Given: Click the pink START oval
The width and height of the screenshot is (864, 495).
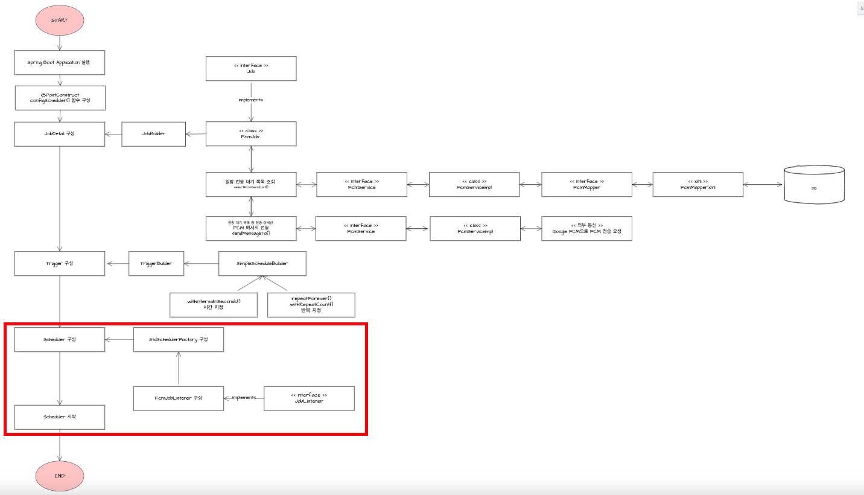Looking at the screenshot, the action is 60,20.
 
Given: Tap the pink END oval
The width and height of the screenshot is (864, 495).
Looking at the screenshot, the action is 60,475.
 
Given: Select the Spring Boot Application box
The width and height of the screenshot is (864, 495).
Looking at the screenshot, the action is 60,62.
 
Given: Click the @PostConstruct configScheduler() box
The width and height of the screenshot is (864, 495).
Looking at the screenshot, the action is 60,98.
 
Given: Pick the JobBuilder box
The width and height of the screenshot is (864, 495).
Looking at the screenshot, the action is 153,133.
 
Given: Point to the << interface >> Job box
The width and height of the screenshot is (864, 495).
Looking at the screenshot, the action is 251,69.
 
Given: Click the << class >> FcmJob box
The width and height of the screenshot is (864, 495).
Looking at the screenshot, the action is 251,133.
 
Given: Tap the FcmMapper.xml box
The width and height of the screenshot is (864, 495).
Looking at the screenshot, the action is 698,184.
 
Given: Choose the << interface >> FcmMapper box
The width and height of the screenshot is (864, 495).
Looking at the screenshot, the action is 586,184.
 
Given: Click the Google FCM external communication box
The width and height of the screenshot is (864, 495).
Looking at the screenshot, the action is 586,229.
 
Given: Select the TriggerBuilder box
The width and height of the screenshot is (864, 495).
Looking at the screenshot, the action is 156,264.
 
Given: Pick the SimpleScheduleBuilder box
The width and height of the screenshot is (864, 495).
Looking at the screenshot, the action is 262,264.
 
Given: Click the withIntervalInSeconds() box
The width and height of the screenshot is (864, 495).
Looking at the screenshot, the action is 214,305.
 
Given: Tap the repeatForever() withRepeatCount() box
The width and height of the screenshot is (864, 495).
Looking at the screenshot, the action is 311,305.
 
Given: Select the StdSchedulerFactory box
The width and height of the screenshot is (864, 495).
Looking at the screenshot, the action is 179,340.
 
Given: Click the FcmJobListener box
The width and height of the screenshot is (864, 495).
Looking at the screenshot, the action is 179,398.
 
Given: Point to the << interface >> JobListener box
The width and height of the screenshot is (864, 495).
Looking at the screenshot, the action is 309,398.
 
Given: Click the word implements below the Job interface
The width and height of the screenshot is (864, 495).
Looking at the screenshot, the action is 250,100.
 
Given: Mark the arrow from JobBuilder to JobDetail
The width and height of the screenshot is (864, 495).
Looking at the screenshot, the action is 113,134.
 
